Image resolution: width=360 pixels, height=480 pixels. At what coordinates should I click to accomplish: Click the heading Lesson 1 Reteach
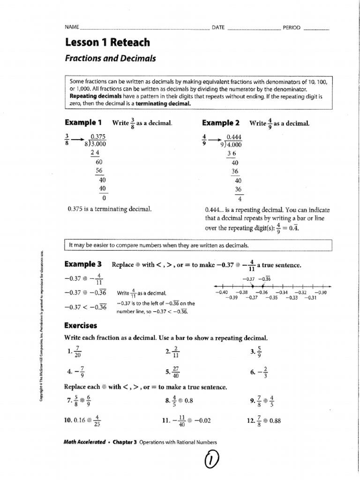point(107,43)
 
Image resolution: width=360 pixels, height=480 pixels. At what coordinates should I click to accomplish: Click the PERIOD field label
point(291,28)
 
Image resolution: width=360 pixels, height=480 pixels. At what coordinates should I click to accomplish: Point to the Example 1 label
point(83,123)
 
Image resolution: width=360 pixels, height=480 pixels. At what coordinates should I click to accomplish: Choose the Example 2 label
point(221,123)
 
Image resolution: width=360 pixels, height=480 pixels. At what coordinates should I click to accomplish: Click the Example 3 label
point(83,264)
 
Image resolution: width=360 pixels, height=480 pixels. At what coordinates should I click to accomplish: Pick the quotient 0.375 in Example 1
point(98,137)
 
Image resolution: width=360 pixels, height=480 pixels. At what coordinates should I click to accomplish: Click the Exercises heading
point(80,325)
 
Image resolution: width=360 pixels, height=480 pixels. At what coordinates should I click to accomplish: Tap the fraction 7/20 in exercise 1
point(77,352)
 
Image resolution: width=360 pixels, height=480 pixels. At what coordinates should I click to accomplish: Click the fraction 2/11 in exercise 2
point(176,352)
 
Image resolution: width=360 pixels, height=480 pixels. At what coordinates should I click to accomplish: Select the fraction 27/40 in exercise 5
point(176,373)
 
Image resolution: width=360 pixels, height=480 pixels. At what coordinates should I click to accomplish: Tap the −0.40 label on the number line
point(220,292)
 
